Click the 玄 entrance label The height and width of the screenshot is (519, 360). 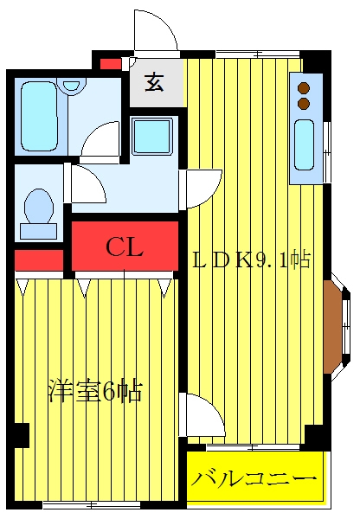(x=154, y=83)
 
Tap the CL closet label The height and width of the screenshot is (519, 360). (x=125, y=247)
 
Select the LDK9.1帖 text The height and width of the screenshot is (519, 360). (x=252, y=260)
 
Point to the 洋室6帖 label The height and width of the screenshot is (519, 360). (x=95, y=391)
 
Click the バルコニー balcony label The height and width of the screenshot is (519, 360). (x=253, y=478)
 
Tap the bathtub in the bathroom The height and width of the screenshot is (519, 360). (x=38, y=116)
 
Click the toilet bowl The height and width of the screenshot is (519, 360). (x=39, y=206)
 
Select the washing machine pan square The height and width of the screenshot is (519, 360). (x=152, y=136)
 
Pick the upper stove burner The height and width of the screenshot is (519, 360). (x=304, y=88)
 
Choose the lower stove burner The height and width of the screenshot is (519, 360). (x=304, y=103)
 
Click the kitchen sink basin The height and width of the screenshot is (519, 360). (x=304, y=144)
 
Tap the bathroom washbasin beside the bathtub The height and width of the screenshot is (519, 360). (x=71, y=85)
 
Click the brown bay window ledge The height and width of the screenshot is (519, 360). (x=332, y=327)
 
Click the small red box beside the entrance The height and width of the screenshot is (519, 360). (x=111, y=64)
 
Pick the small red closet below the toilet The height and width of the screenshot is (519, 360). (x=39, y=260)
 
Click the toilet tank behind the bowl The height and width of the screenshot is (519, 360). (x=38, y=231)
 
